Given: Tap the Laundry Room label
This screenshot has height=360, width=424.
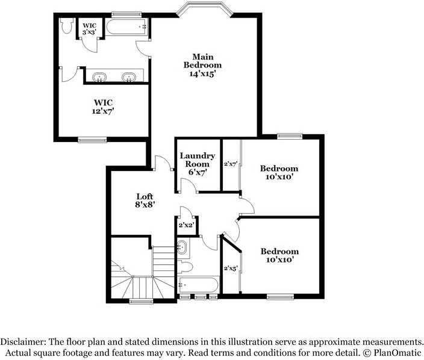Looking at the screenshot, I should click(x=198, y=164).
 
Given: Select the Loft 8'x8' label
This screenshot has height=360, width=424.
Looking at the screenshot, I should click(x=145, y=200).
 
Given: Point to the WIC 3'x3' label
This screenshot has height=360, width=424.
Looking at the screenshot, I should click(x=89, y=29).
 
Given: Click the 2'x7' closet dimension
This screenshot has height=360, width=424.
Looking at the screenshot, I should click(x=231, y=163).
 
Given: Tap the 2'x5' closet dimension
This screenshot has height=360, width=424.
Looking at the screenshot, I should click(x=231, y=268).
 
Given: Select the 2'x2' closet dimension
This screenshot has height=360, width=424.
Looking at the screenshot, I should click(x=185, y=225).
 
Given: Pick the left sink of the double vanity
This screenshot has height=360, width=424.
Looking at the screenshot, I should click(x=99, y=76).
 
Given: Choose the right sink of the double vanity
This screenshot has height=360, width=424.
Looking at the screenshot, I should click(x=128, y=76).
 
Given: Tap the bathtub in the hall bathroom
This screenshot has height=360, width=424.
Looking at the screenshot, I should click(x=198, y=284).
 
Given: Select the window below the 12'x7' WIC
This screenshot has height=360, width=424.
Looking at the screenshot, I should click(x=92, y=140).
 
